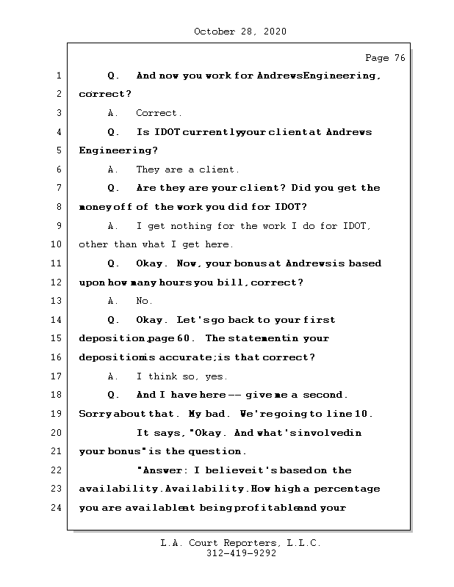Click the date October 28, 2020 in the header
[x=240, y=32]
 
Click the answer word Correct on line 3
[x=159, y=113]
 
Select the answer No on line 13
[x=144, y=301]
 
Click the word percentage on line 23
[x=349, y=489]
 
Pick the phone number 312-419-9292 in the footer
[x=240, y=554]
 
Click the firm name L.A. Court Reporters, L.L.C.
[x=240, y=543]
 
